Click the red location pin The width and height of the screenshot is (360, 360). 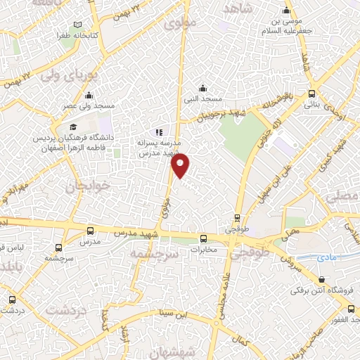tap(181, 165)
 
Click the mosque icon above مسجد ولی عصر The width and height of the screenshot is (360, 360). tap(89, 96)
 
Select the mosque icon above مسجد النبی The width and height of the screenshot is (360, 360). tap(202, 88)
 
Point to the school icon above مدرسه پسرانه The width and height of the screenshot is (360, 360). tap(159, 131)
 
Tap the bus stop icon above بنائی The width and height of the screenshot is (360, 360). tap(311, 94)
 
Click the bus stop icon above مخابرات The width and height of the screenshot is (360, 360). tap(203, 238)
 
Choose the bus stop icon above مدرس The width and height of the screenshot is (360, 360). tap(89, 231)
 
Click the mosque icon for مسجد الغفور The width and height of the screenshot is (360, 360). tap(349, 299)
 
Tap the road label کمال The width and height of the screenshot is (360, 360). tap(243, 340)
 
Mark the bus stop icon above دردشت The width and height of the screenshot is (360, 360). tap(11, 300)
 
